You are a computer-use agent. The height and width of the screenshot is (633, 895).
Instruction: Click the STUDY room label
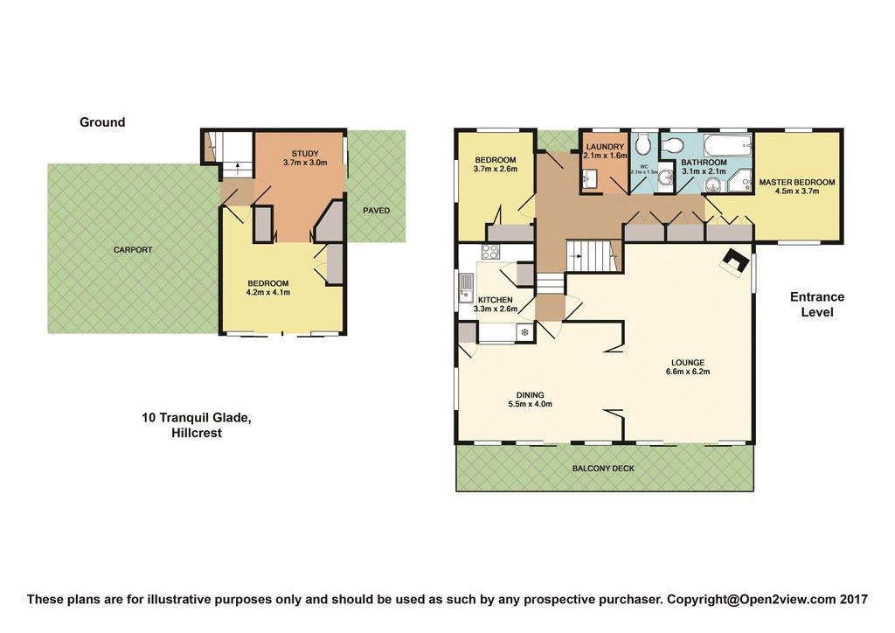tap(305, 154)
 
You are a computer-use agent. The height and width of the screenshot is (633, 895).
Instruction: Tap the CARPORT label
tap(133, 249)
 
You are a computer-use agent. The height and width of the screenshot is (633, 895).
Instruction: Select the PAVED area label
tap(377, 210)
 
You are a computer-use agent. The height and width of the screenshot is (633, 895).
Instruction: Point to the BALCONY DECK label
tap(603, 468)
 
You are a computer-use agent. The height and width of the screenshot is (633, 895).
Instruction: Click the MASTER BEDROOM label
tap(797, 183)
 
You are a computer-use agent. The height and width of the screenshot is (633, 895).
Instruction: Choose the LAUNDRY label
tap(605, 147)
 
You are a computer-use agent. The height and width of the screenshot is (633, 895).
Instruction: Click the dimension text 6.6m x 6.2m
tap(688, 372)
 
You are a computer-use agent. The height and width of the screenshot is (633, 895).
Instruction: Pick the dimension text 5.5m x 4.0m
tap(530, 404)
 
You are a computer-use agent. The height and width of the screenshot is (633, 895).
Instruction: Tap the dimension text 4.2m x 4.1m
tap(268, 292)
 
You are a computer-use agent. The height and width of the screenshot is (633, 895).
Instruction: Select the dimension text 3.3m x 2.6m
tap(496, 310)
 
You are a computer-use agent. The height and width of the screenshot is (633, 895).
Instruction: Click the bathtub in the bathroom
tap(728, 146)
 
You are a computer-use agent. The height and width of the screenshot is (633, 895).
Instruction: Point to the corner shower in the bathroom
tap(741, 182)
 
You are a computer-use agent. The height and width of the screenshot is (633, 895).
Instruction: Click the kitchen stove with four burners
tap(490, 252)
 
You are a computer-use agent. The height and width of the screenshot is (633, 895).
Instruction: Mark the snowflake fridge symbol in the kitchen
tap(524, 332)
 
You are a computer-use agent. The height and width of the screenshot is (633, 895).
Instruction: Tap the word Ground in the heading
tap(102, 122)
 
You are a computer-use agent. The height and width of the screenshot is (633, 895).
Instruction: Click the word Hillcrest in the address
tap(197, 433)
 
